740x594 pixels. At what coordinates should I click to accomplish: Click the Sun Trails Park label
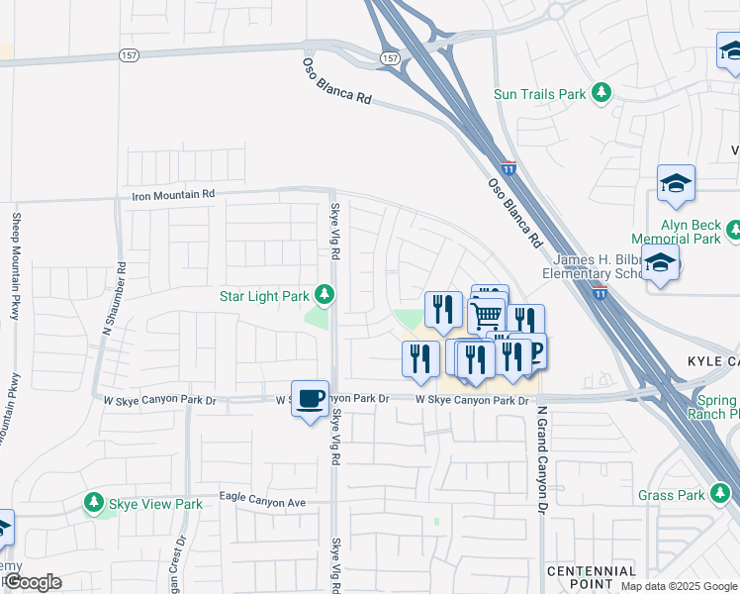coord(540,94)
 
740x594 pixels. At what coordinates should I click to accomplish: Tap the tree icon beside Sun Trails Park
coord(601,93)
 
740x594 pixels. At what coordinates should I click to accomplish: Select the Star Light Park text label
coord(264,295)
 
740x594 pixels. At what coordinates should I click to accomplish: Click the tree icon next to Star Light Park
coord(324,294)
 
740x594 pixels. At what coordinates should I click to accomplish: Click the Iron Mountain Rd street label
coord(173,196)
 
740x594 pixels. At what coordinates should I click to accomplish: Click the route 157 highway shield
coord(392,59)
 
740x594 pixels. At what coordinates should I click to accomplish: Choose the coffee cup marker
coord(311,399)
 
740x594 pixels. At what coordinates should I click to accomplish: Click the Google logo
coord(33,582)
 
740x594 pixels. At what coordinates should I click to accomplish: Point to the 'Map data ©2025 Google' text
coord(679,586)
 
